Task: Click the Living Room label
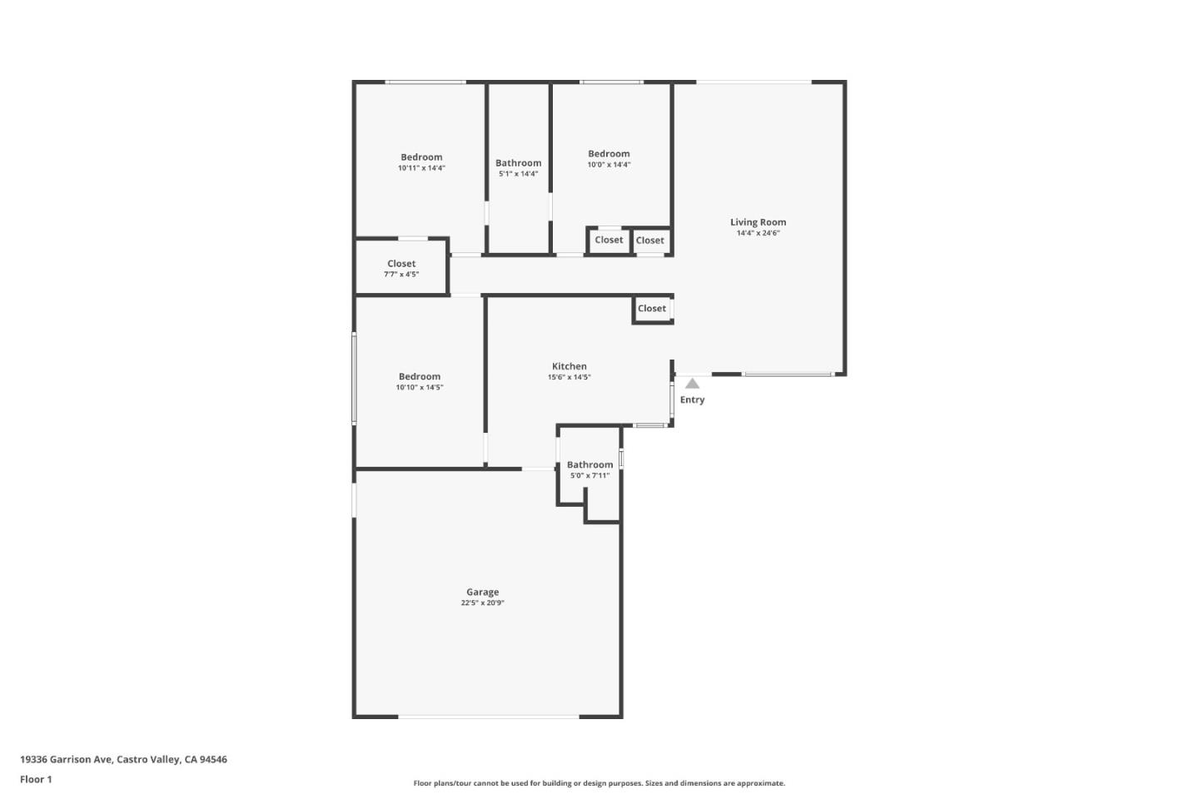tap(758, 222)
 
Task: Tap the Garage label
tap(482, 592)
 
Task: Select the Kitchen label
tap(570, 366)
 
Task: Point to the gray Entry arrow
tap(692, 384)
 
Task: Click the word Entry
tap(692, 399)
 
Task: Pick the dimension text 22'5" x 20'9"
tap(482, 603)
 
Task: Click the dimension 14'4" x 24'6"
tap(758, 233)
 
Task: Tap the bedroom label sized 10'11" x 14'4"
tap(421, 157)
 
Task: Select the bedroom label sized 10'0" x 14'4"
tap(609, 154)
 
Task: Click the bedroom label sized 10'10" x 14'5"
tap(420, 376)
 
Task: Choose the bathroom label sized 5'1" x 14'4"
tap(518, 163)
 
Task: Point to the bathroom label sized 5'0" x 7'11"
tap(590, 465)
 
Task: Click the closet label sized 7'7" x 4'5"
tap(401, 264)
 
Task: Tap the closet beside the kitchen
tap(652, 309)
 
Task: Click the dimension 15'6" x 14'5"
tap(570, 377)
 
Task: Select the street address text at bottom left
tap(123, 759)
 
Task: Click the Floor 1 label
tap(36, 779)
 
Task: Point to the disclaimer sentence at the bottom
tap(599, 783)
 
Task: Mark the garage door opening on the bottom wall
tap(489, 716)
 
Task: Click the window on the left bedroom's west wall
tap(354, 379)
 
